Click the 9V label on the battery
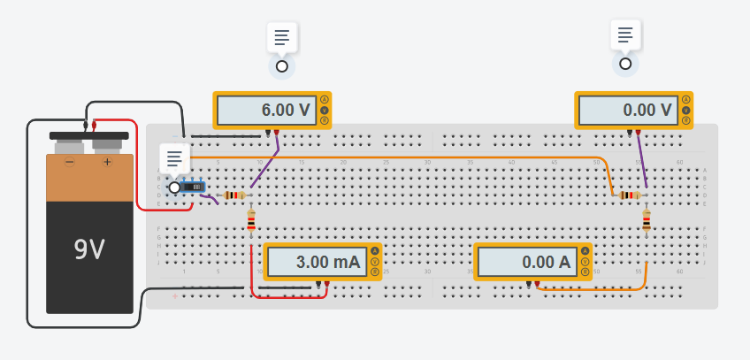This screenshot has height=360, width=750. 89,250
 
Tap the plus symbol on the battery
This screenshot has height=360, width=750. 108,162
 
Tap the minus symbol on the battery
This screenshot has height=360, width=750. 69,162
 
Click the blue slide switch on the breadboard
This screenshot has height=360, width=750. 194,187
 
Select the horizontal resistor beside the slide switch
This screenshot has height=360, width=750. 233,195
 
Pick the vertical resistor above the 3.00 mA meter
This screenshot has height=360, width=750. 251,220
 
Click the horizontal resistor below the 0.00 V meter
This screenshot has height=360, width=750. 629,195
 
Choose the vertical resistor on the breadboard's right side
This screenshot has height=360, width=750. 647,220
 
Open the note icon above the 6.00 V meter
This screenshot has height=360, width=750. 282,37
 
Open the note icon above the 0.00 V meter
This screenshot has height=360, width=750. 625,34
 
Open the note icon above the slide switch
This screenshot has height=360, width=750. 174,157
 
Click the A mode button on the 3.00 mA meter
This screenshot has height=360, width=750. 375,251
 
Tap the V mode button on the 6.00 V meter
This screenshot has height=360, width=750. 325,110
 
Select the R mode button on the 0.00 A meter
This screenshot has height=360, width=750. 585,272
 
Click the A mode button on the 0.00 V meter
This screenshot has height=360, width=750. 685,99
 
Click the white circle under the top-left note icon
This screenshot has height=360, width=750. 282,66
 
